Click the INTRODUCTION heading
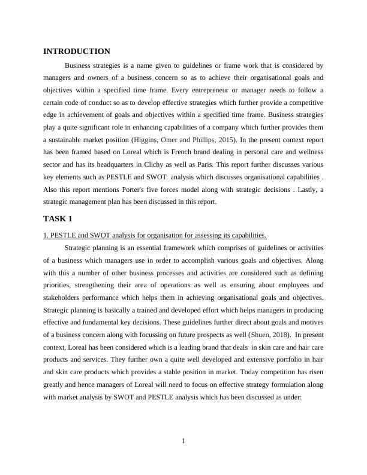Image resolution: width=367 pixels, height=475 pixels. pyautogui.click(x=77, y=52)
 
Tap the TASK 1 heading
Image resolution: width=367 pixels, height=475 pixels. pyautogui.click(x=58, y=218)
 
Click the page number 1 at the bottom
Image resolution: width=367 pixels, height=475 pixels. pyautogui.click(x=183, y=442)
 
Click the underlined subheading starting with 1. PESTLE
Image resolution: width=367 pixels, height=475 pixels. pyautogui.click(x=155, y=235)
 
